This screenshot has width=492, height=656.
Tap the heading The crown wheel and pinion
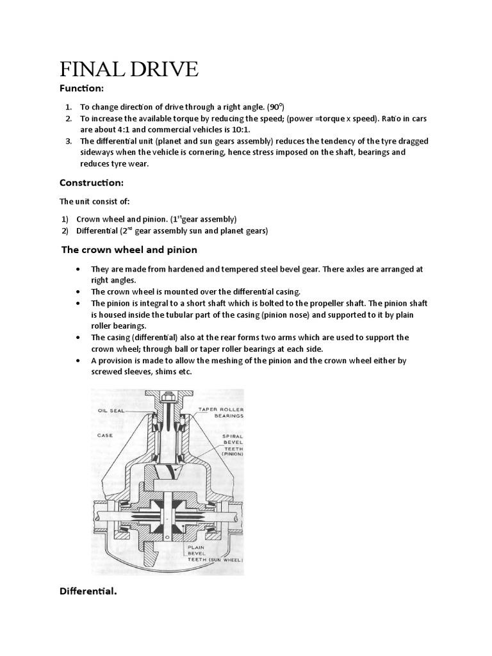pyautogui.click(x=129, y=249)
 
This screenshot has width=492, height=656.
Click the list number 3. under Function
pyautogui.click(x=69, y=141)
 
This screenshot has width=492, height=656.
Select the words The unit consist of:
pyautogui.click(x=95, y=201)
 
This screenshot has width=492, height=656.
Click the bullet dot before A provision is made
pyautogui.click(x=78, y=361)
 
